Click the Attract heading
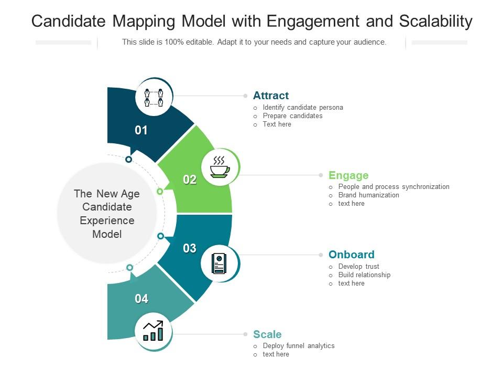coord(270,96)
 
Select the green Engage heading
coord(348,175)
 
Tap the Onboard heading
coord(351,255)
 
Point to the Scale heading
coord(267,334)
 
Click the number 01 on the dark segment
coord(141,131)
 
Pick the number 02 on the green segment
coord(190,180)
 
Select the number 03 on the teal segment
coord(190,248)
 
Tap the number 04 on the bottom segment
coord(141,299)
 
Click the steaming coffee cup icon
coord(220,167)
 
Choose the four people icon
coord(154,97)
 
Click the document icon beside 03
coord(219,263)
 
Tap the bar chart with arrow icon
coord(154,331)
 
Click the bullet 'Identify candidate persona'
coord(303,108)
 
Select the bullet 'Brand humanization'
coord(368,195)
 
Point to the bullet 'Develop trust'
coord(358,267)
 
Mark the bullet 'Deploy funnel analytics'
coord(299,346)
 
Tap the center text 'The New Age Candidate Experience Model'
coord(107,214)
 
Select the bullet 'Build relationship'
coord(364,275)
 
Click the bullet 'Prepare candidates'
coord(292,116)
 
